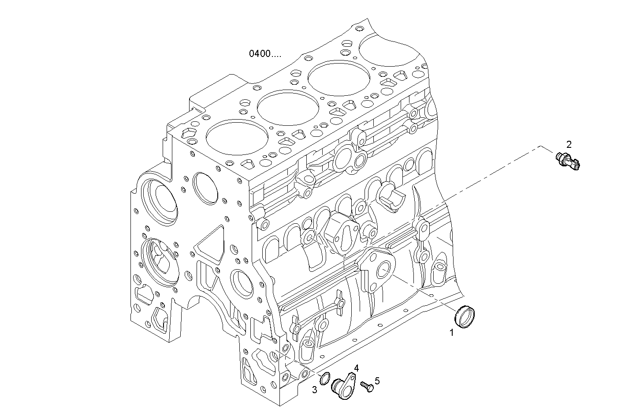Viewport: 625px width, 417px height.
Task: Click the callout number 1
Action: click(x=451, y=333)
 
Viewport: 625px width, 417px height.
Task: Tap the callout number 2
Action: click(x=569, y=144)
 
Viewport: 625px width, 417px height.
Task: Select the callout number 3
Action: click(x=315, y=389)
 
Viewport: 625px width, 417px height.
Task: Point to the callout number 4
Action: click(x=356, y=368)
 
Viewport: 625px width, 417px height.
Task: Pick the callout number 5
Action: click(x=377, y=380)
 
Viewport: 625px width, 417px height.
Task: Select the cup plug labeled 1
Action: click(x=465, y=317)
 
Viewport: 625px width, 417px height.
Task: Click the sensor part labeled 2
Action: click(x=568, y=161)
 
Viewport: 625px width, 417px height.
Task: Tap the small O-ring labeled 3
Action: click(x=325, y=378)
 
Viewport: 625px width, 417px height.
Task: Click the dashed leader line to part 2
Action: click(x=485, y=177)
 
